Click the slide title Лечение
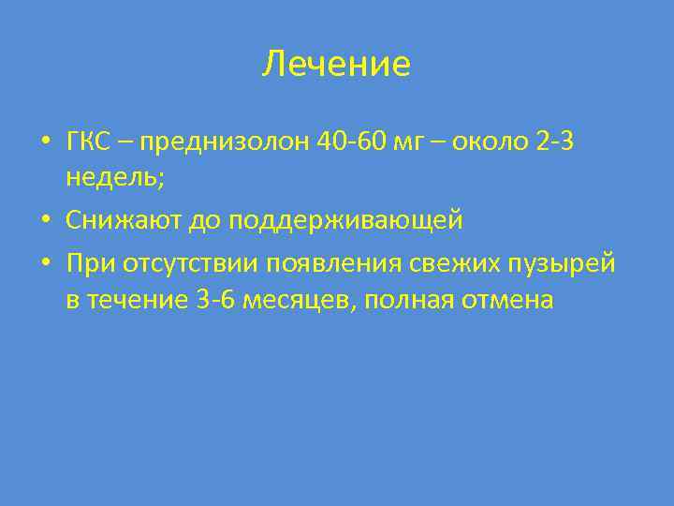click(336, 65)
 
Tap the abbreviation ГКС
click(87, 141)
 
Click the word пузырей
click(562, 264)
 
